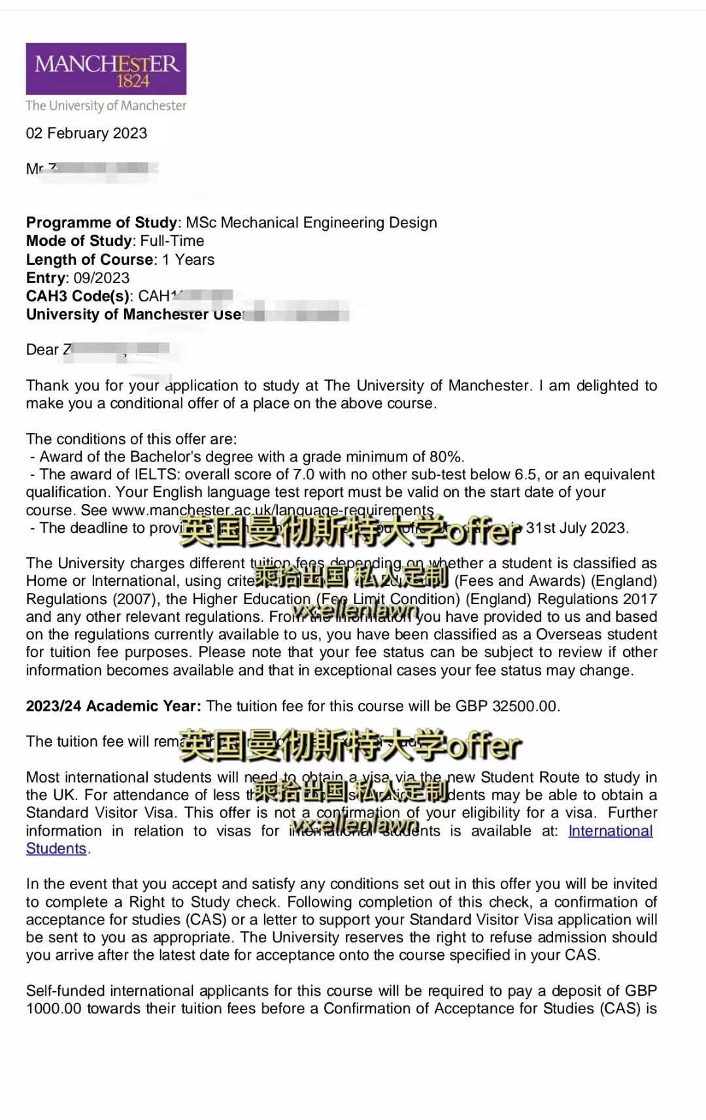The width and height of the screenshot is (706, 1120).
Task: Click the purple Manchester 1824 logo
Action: tap(106, 69)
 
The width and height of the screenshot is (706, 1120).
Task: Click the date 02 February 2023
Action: tap(86, 133)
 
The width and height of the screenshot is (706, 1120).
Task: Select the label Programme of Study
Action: tap(101, 223)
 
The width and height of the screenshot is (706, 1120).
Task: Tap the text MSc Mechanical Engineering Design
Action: tap(311, 223)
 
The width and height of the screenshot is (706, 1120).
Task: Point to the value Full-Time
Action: tap(172, 241)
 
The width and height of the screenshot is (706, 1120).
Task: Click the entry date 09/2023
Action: tap(101, 278)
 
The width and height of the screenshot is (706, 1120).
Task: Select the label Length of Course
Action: tap(90, 260)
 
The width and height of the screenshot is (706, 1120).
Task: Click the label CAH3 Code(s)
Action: tap(78, 296)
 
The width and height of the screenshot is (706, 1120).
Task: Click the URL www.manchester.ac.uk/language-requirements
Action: tap(273, 510)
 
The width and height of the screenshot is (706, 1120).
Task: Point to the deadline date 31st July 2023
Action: tap(577, 528)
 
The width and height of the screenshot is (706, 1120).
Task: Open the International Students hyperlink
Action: tap(610, 831)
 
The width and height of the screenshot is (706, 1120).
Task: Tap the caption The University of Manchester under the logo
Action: tap(106, 106)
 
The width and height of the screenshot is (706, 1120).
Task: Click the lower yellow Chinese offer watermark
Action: tap(350, 745)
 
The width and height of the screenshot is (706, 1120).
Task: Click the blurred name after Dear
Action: tap(118, 350)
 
